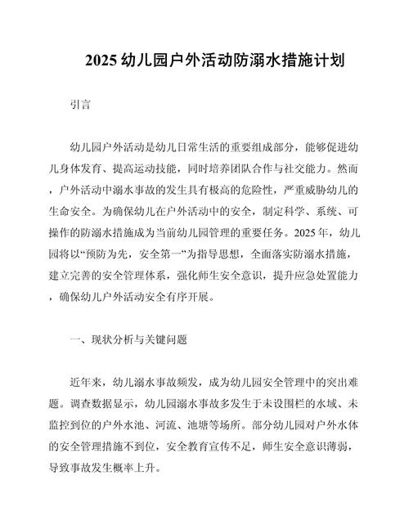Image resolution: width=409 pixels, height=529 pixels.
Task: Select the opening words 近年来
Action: pos(88,382)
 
